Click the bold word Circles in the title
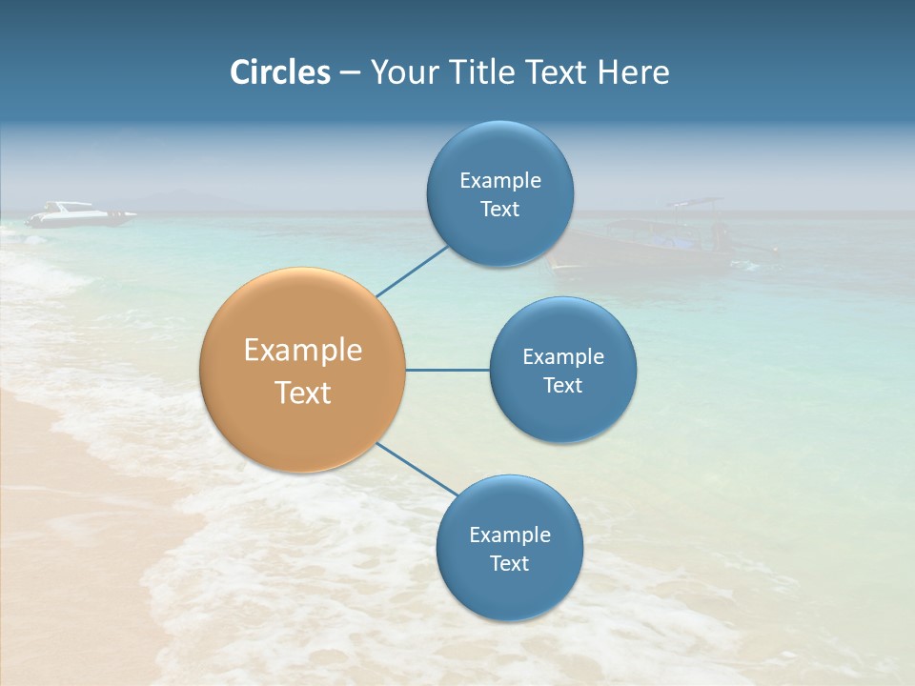coord(279,72)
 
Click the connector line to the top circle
coord(412,271)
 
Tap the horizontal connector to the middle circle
coord(448,370)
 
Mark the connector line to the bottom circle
coord(417,470)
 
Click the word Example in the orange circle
coord(303,351)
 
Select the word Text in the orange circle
coord(303,393)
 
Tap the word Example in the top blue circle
coord(500,180)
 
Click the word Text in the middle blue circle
coord(562,385)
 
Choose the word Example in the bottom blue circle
coord(509,535)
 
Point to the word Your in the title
coord(401,72)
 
